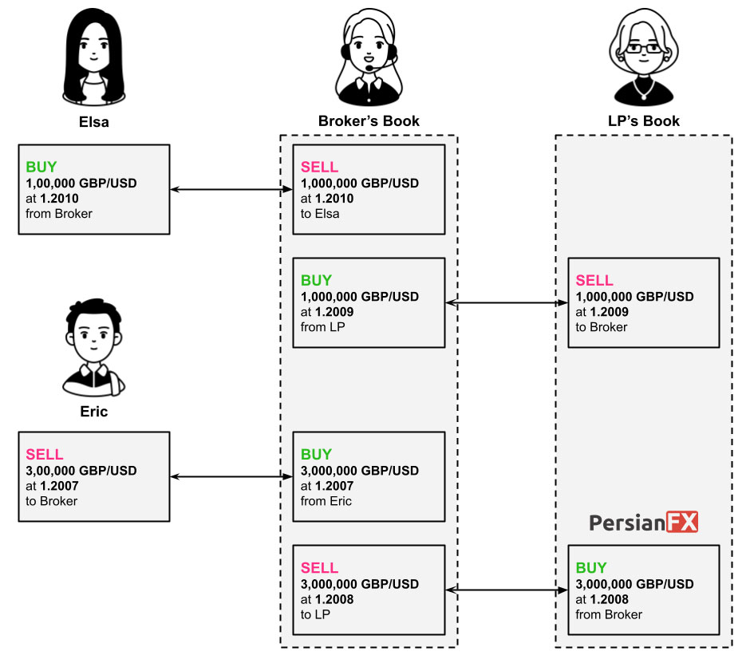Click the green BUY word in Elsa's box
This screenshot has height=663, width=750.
point(41,167)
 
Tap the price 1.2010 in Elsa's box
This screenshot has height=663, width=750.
point(59,199)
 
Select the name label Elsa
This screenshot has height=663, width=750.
point(94,122)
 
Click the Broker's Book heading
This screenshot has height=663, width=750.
point(369,121)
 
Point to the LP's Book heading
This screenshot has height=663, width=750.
point(644,121)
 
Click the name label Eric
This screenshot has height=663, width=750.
point(94,412)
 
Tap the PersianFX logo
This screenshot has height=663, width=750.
point(643,523)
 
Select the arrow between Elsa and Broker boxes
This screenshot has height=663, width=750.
point(231,189)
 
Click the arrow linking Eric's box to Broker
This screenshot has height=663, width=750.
point(231,476)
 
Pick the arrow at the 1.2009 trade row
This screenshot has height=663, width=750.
point(507,303)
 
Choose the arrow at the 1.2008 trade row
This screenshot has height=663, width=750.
point(507,590)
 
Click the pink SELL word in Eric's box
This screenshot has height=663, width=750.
point(45,455)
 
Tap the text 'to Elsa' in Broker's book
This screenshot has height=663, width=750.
point(320,214)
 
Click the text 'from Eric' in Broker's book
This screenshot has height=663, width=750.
point(326,501)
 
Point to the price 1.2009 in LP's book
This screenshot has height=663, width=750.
point(610,312)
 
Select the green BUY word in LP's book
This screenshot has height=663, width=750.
point(591,568)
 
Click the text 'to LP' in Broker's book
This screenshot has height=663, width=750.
point(315,614)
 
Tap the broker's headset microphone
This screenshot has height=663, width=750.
point(370,69)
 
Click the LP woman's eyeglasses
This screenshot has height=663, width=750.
point(644,49)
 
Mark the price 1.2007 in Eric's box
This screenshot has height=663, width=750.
point(59,486)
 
